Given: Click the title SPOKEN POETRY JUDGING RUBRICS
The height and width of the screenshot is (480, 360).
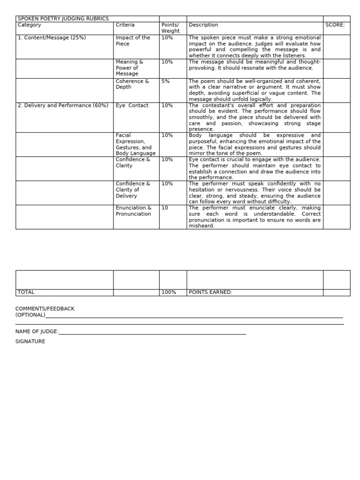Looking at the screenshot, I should coord(63,19).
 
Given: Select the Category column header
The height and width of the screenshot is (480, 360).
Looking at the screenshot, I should coord(29,25).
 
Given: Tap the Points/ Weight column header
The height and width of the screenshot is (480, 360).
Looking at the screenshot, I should coord(170,28).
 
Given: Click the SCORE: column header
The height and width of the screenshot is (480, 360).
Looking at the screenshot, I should coord(335,25).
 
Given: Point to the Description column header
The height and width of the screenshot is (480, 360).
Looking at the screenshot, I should coord(203,25).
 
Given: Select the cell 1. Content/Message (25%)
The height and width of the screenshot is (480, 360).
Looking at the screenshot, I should coord(52,38).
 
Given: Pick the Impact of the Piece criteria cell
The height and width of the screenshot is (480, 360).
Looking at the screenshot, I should coord(133,41).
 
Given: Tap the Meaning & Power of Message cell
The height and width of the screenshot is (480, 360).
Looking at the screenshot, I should coord(129,67).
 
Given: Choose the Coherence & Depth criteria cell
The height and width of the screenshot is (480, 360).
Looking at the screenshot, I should coord(132,84).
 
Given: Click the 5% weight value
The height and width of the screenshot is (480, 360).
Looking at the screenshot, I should coord(165,82).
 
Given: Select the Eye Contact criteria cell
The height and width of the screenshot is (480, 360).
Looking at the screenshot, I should coord(132,105).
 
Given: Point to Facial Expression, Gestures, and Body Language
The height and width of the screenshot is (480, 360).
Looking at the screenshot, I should coord(135,144).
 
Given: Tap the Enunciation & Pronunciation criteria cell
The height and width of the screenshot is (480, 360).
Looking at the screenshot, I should coord(134,211).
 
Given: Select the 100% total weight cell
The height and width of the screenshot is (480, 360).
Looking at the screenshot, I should coord(169,292).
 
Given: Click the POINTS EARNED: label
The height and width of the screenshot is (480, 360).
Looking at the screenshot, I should coord(210,292).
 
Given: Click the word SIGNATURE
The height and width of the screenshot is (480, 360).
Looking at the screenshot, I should coord(30,342).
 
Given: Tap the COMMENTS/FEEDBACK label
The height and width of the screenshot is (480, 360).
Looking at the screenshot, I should coord(45,309).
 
